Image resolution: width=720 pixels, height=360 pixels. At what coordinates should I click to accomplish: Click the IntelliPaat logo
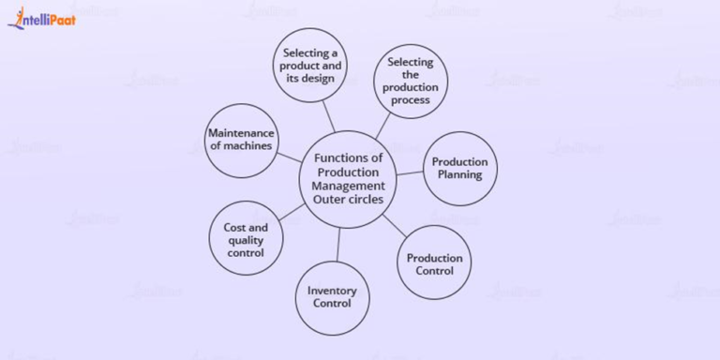(42, 17)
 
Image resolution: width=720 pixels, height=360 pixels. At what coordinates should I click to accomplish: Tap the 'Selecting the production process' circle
(411, 81)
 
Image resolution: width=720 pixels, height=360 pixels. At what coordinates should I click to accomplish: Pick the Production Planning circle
(459, 169)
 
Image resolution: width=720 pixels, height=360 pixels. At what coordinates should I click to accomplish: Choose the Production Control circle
(435, 263)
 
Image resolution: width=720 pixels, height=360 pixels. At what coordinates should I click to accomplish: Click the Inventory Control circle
(332, 297)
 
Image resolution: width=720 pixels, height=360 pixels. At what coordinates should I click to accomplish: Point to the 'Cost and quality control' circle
(246, 240)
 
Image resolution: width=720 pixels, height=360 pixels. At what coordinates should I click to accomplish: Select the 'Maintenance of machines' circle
(241, 140)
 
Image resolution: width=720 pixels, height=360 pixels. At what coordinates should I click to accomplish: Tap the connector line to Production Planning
(409, 173)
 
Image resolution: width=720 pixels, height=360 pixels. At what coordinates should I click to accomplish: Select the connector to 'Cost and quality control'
(292, 212)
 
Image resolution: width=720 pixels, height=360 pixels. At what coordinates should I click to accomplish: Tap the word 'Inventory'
(332, 291)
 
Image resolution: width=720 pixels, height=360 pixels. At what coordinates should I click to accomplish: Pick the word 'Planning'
(459, 175)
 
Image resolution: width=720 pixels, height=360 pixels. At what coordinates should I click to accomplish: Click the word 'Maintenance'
(241, 133)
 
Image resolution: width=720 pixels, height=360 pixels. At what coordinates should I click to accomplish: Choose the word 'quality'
(246, 240)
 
